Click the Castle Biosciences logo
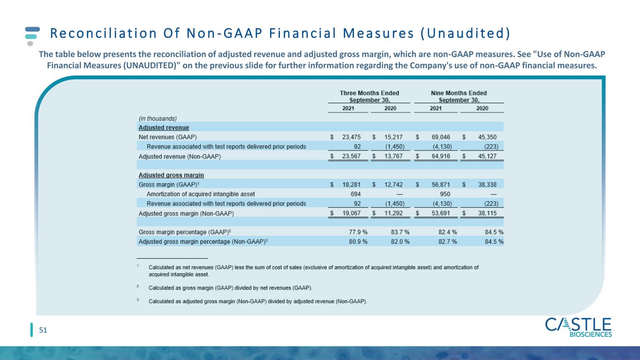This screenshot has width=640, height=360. click(578, 327)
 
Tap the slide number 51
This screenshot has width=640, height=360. click(43, 330)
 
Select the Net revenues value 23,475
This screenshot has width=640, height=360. click(352, 137)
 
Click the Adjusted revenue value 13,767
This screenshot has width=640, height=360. click(393, 156)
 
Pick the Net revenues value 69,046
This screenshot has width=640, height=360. click(441, 137)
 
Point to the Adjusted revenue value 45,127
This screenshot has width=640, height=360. click(488, 156)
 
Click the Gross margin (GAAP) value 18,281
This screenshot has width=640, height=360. click(352, 185)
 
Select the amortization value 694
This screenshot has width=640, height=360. click(356, 194)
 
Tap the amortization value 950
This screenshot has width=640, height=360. click(445, 194)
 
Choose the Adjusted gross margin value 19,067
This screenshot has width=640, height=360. click(352, 213)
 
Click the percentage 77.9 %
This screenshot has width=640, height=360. click(358, 232)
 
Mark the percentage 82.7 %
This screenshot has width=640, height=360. click(448, 241)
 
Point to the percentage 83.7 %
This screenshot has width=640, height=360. click(400, 232)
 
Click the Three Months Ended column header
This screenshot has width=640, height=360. click(369, 97)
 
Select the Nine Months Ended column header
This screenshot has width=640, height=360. click(459, 97)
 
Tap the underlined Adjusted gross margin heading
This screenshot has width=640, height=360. click(172, 175)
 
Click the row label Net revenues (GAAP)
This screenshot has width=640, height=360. click(168, 137)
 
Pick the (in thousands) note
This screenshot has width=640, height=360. click(158, 119)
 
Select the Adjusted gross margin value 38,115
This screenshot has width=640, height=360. click(488, 213)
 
